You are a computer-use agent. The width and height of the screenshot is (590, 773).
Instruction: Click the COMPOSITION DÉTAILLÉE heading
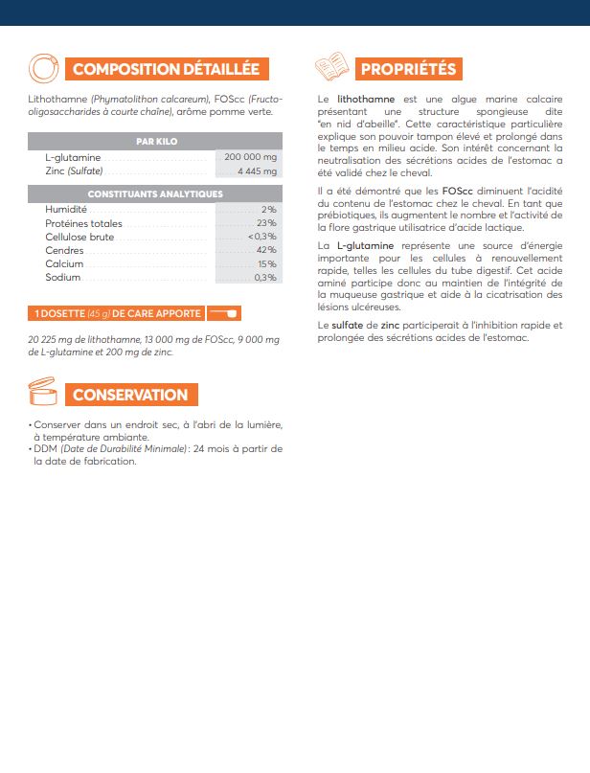[x=166, y=69]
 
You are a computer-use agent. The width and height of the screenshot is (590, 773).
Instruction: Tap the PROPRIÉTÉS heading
[x=409, y=69]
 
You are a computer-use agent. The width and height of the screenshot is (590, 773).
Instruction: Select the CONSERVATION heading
[x=130, y=395]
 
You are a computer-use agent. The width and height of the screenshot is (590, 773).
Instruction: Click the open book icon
[x=330, y=68]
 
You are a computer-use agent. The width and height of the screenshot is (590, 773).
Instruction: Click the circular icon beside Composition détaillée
[x=44, y=68]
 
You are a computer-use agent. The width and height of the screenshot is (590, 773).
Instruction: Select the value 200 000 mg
[x=250, y=157]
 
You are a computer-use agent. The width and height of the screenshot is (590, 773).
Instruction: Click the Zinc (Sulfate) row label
[x=74, y=171]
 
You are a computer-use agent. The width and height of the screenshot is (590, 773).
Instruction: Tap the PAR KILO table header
[x=157, y=141]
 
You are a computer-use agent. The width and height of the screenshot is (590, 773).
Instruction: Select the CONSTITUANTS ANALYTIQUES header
[x=155, y=193]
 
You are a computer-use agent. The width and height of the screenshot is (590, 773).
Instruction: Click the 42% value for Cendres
[x=266, y=250]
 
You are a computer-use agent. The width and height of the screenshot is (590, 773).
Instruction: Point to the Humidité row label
[x=66, y=209]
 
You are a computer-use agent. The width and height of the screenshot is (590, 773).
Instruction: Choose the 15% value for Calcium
[x=266, y=263]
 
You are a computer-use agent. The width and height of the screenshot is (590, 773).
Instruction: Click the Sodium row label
[x=62, y=278]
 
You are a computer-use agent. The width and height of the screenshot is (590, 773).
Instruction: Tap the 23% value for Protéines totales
[x=266, y=223]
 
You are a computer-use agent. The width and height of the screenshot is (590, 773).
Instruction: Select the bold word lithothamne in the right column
[x=368, y=99]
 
